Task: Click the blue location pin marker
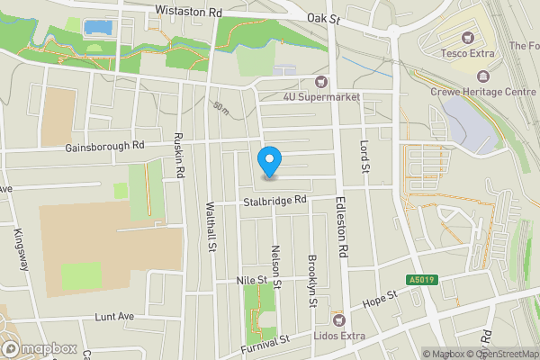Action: (269, 161)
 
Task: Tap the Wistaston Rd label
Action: (188, 12)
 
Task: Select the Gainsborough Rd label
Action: (104, 145)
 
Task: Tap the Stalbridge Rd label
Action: (275, 202)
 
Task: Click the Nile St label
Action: (252, 281)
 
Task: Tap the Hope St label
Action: (379, 299)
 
